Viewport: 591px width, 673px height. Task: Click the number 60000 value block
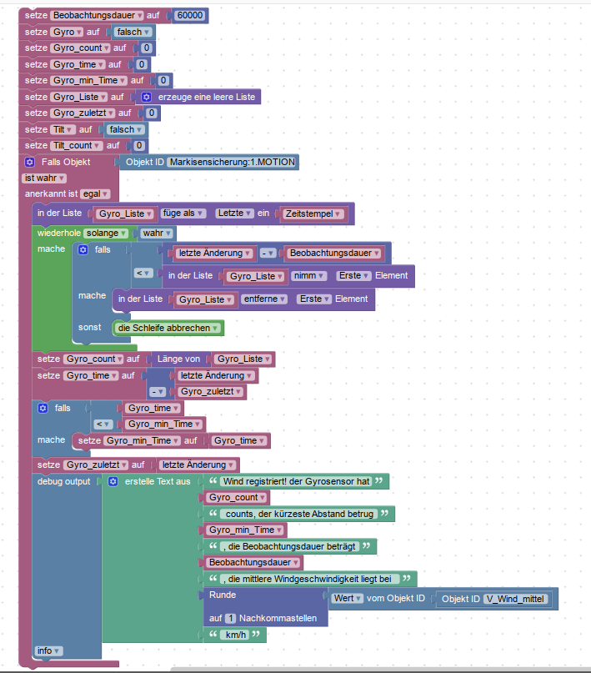click(191, 16)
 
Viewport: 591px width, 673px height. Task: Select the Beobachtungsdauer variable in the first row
click(105, 16)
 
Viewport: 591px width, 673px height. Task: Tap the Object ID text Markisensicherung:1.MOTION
click(232, 162)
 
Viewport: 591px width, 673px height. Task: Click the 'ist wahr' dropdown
click(44, 178)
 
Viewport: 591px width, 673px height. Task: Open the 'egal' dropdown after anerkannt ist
click(93, 193)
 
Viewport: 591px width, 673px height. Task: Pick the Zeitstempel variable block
click(314, 213)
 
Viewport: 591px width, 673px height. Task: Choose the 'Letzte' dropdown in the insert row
click(233, 213)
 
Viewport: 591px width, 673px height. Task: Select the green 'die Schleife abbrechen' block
click(168, 328)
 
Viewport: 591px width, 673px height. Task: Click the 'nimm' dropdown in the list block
click(310, 275)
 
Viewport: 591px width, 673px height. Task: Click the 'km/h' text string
click(235, 635)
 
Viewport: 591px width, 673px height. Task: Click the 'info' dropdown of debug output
click(49, 650)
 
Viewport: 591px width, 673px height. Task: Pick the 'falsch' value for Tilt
click(126, 129)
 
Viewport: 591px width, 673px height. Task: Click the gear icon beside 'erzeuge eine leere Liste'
click(145, 97)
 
